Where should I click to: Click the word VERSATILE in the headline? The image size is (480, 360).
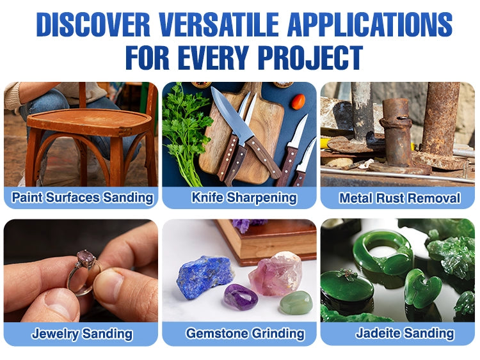click(219, 25)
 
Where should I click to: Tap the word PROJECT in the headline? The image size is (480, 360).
click(310, 58)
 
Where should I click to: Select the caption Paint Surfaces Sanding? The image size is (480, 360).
click(83, 198)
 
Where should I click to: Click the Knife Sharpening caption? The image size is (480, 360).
click(244, 198)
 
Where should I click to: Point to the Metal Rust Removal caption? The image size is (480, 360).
click(399, 198)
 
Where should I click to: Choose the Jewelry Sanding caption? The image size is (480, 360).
click(82, 334)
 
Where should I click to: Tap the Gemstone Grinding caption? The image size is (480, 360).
click(245, 333)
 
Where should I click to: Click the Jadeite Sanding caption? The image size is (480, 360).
click(404, 333)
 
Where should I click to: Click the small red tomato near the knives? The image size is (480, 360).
click(298, 102)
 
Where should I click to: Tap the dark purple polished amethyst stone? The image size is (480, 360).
click(240, 297)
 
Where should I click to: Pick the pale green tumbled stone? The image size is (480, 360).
click(296, 302)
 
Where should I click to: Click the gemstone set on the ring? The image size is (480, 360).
click(86, 258)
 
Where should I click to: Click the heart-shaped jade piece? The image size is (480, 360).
click(422, 288)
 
